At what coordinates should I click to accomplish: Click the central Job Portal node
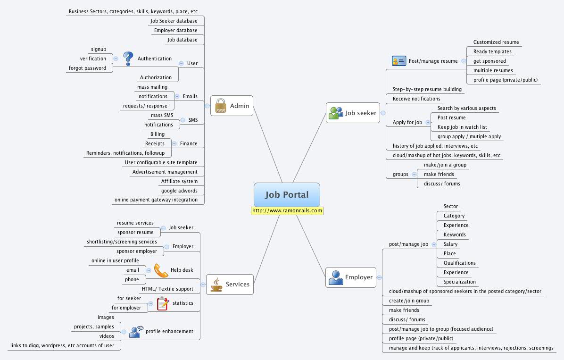[x=287, y=195]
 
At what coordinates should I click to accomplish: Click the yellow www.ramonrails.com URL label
[x=287, y=211]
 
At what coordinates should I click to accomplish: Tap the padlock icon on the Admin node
[x=220, y=106]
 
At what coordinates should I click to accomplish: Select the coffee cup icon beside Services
[x=216, y=285]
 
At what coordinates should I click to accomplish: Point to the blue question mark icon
[x=128, y=59]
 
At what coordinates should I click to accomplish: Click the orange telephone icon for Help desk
[x=161, y=270]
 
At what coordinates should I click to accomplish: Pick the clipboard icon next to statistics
[x=163, y=303]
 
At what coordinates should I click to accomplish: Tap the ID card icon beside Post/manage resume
[x=398, y=61]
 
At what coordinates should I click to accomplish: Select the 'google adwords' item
[x=179, y=191]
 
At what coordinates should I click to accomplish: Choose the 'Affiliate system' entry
[x=179, y=181]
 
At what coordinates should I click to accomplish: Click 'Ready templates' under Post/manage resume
[x=492, y=51]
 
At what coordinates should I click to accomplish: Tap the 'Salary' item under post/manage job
[x=450, y=244]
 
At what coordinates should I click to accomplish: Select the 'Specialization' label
[x=460, y=282]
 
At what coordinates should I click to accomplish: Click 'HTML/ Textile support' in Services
[x=167, y=289]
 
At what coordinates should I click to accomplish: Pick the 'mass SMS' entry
[x=162, y=115]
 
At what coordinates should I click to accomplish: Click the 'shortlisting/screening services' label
[x=122, y=242]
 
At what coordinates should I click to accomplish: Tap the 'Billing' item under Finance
[x=158, y=134]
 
